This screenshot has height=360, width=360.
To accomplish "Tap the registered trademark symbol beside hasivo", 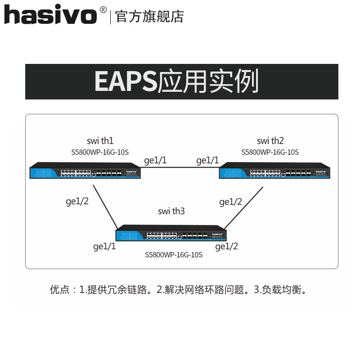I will coord(103,9).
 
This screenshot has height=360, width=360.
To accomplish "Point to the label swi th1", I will coord(100,141).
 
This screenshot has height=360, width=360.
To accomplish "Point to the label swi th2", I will coord(270,141).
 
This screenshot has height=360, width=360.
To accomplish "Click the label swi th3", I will coord(171,211).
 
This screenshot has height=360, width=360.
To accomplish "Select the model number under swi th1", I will coord(100,153).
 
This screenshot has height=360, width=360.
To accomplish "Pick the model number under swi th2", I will coord(270,153).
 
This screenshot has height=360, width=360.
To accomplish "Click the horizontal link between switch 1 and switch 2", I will coord(180,167).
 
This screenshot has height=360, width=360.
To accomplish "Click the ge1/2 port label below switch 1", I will coord(77,201).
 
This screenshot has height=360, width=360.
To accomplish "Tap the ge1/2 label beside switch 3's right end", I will coord(227,246).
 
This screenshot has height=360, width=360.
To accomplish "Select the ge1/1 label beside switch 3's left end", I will coord(104,246).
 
